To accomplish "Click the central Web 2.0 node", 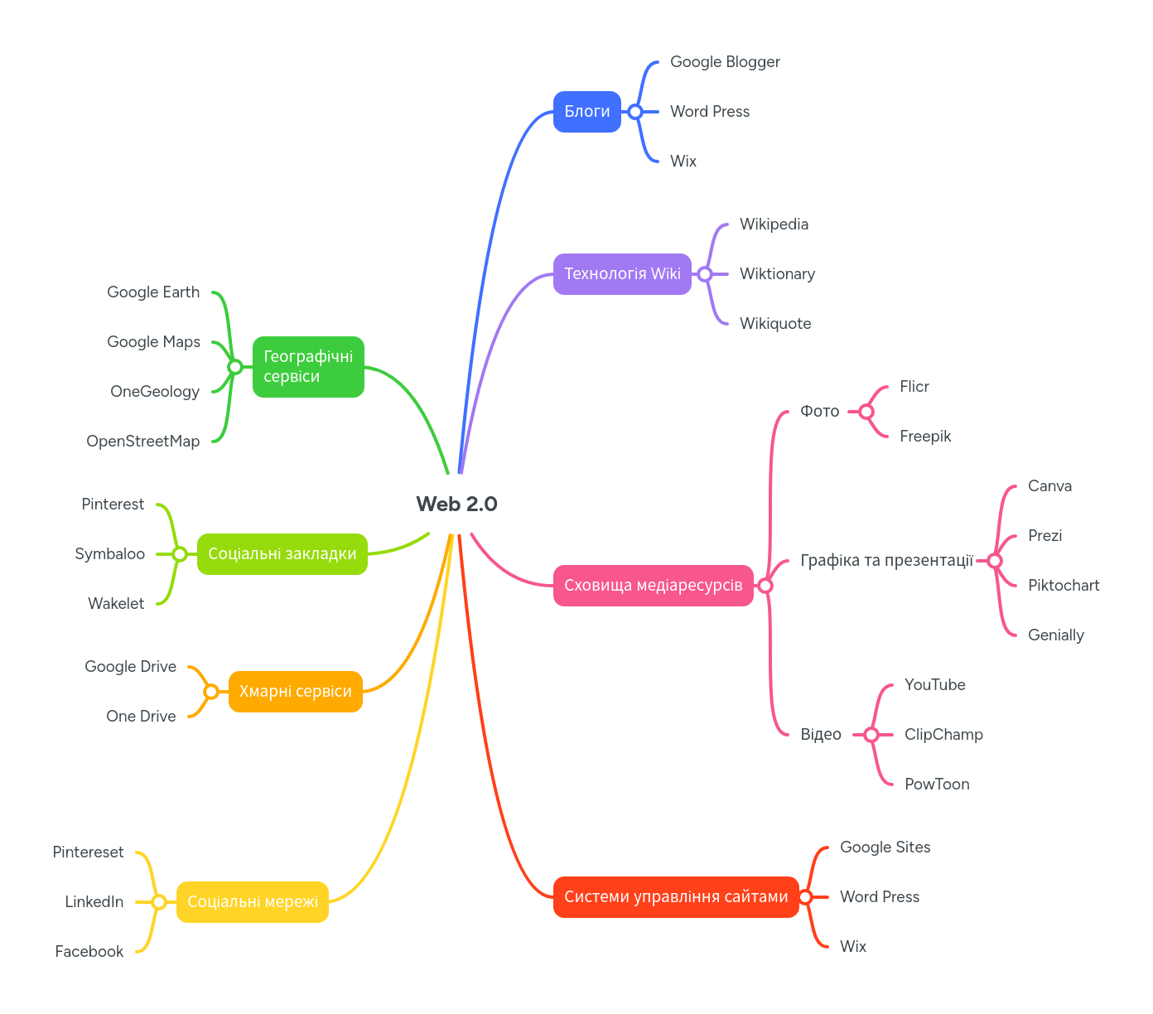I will pos(456,504).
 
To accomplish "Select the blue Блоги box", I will pos(586,112).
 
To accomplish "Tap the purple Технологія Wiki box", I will pos(622,274).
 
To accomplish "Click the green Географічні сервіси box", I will pos(308,367).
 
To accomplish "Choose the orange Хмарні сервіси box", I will pos(295,692).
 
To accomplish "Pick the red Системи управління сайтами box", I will pos(676,897).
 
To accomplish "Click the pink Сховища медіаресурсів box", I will pos(653,586).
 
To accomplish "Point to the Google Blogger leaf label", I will pos(725,62).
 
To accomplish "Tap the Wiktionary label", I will pos(777,274).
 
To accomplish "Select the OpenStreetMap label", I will pos(143,442).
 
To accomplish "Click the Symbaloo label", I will pos(110,554).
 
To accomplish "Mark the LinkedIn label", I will pos(94,902).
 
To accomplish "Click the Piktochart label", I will pos(1064,586).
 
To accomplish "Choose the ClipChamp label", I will pos(943,735).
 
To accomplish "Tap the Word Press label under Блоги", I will pos(710,112).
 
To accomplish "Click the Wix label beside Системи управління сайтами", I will pos(853,947).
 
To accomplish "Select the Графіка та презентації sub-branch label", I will pos(886,561).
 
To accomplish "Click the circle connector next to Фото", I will pos(866,412).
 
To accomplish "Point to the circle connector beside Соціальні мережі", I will pos(159,902).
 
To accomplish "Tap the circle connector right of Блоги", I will pos(635,112).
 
